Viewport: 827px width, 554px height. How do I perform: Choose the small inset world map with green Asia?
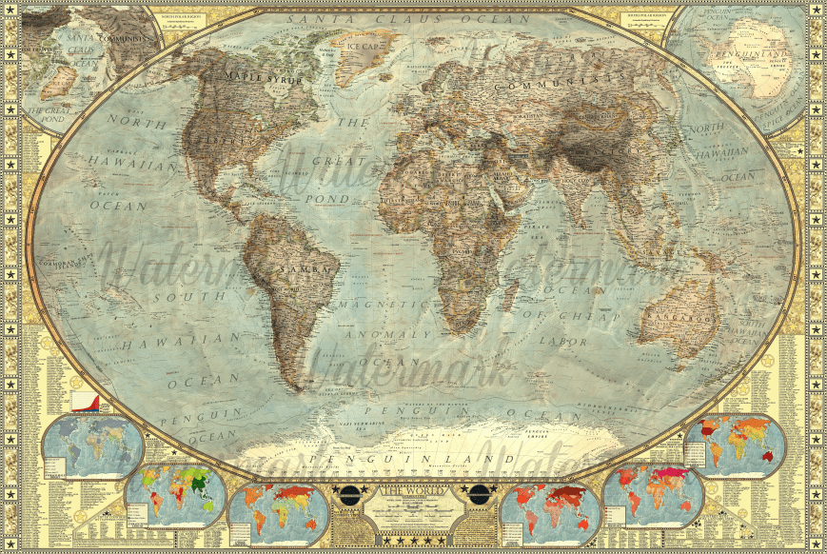177,493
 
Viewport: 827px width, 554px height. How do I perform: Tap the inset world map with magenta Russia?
653,495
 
